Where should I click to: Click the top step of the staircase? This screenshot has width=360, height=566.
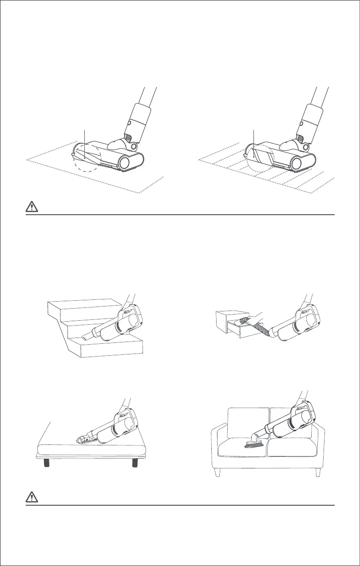[x=84, y=306]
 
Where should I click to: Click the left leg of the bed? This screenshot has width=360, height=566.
[x=46, y=463]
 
